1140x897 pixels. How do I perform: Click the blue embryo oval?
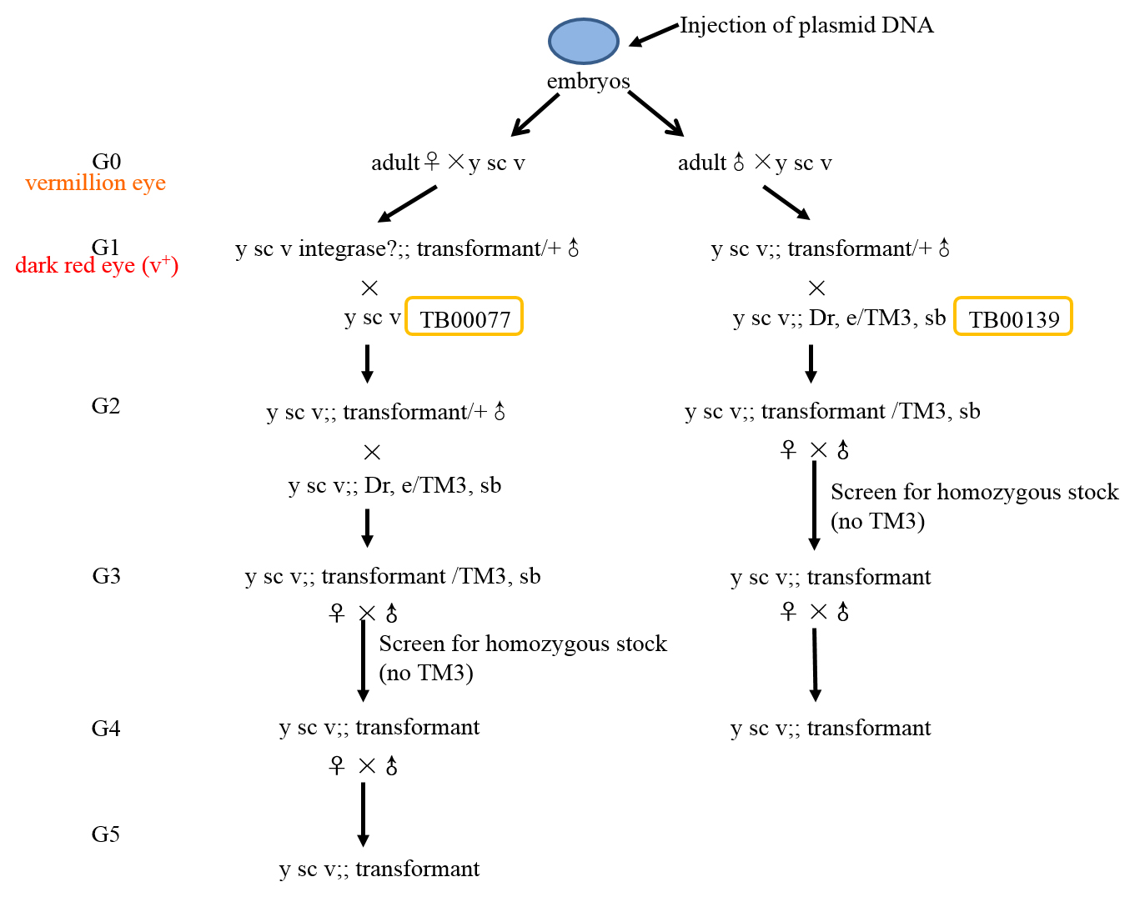(583, 41)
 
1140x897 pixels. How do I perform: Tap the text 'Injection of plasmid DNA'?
(806, 25)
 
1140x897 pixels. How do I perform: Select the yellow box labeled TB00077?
(464, 316)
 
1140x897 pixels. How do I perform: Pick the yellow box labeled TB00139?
(1013, 316)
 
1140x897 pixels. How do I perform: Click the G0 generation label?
(107, 162)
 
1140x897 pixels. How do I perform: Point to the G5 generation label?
(106, 834)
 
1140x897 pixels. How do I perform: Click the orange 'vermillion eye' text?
(95, 183)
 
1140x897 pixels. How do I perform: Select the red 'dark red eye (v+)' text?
(97, 265)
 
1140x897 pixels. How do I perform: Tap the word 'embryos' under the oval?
(588, 81)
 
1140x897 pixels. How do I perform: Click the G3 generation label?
(107, 575)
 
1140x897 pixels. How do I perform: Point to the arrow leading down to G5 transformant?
(363, 814)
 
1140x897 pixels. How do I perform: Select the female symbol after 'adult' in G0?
(432, 162)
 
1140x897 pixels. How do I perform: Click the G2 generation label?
(106, 406)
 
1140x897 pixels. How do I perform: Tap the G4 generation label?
(106, 729)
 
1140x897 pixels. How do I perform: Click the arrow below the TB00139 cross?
(811, 363)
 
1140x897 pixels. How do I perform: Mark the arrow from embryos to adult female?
(535, 115)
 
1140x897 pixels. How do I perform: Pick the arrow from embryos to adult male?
(655, 114)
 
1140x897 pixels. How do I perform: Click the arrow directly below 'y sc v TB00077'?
(367, 363)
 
